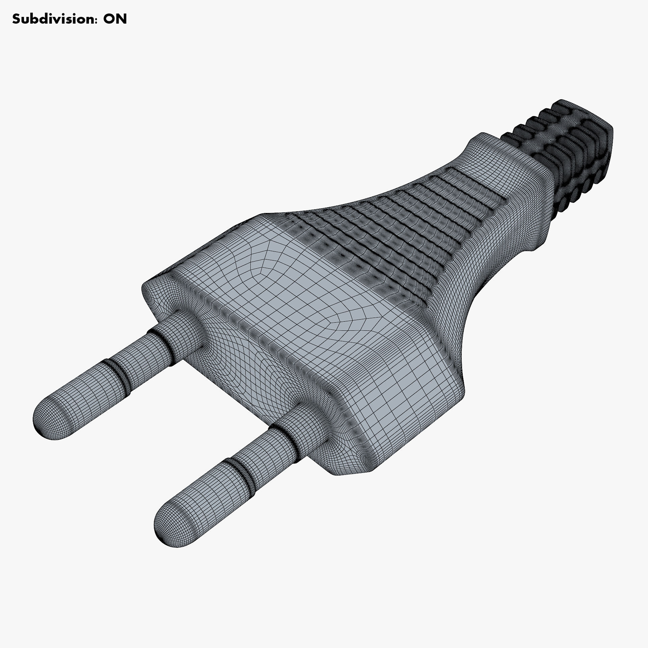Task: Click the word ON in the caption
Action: [115, 19]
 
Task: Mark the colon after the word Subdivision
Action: [96, 20]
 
